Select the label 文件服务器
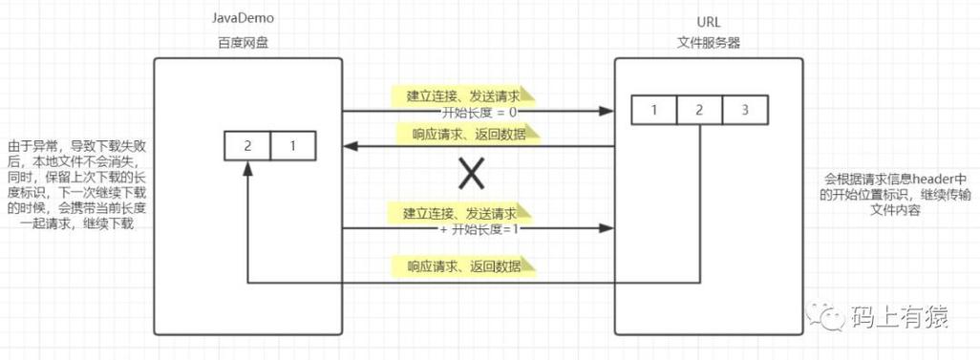(709, 42)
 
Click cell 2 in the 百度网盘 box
(247, 146)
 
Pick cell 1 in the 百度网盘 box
(292, 146)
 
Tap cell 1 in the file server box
(653, 110)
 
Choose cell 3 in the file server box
(745, 110)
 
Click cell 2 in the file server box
(699, 110)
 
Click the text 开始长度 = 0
(466, 112)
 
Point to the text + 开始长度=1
(465, 229)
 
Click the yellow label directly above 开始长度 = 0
(463, 95)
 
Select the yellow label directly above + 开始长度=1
(463, 212)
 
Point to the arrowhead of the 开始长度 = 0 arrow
(606, 112)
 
